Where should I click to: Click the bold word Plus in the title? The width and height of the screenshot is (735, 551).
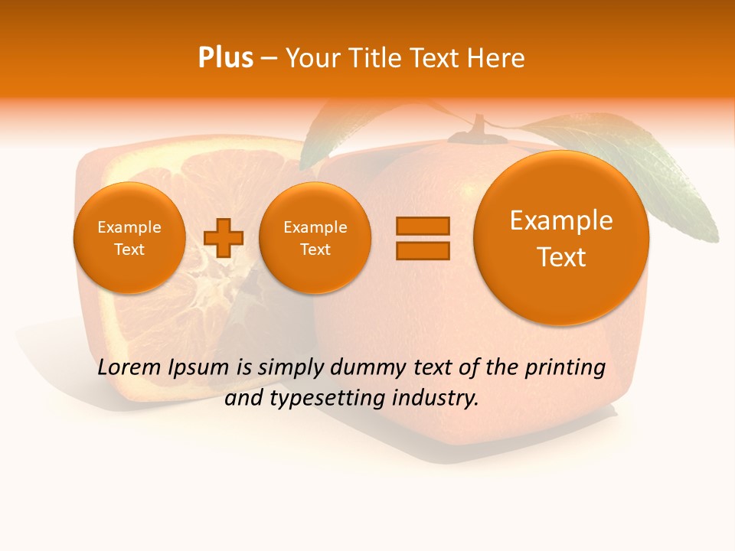[x=226, y=58]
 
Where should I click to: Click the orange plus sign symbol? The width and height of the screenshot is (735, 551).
[x=224, y=238]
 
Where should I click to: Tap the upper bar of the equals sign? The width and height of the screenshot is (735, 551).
[x=423, y=226]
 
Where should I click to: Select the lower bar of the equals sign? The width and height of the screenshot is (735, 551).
[x=423, y=250]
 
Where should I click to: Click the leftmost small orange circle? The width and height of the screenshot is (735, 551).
[x=129, y=238]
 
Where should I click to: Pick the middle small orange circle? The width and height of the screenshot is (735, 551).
[x=315, y=238]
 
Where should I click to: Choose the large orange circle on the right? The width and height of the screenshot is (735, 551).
[x=561, y=238]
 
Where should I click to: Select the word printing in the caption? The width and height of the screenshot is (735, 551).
[x=564, y=368]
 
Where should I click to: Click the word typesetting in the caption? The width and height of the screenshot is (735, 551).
[x=337, y=399]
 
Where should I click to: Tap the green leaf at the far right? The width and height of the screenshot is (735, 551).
[x=674, y=176]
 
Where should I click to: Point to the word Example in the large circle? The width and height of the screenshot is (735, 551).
[x=561, y=220]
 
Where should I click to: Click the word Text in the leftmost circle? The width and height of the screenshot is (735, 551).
[x=129, y=249]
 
